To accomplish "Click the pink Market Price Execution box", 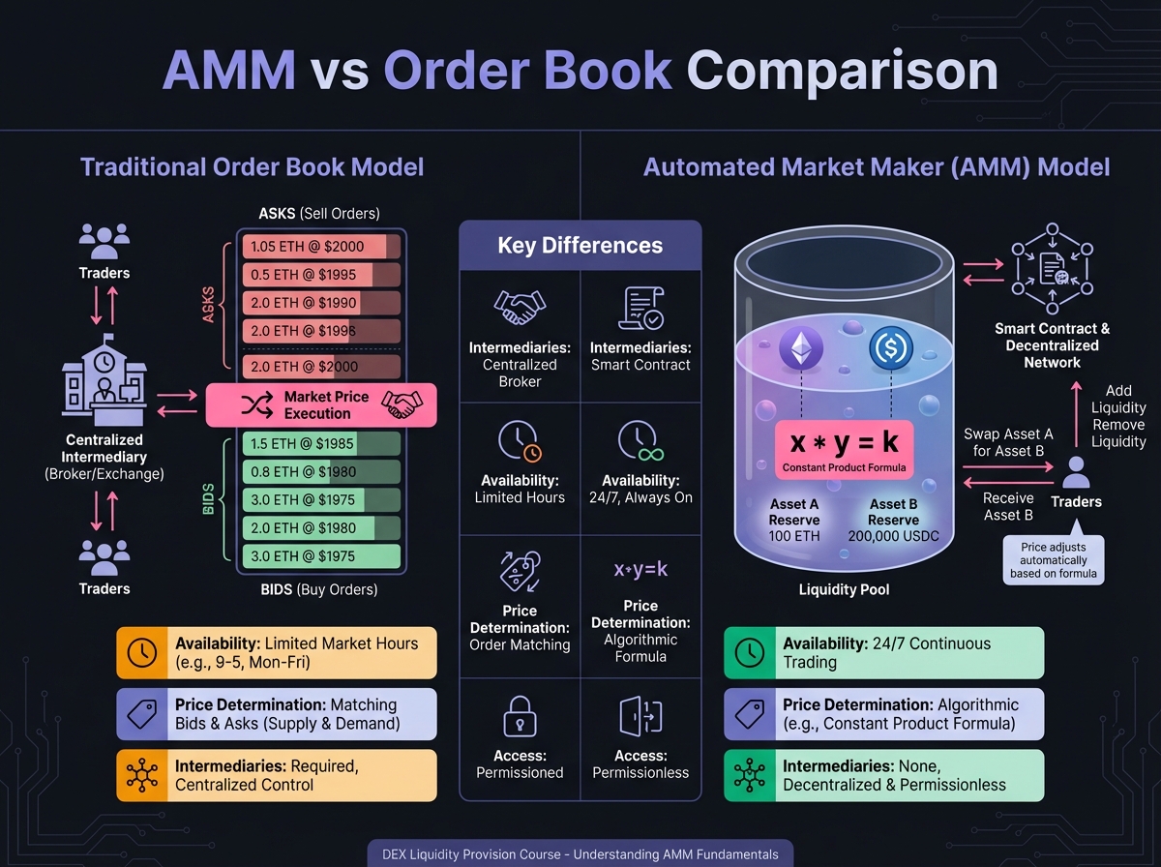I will point(321,405).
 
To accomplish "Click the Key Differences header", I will point(580,246).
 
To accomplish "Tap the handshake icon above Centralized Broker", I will point(520,309).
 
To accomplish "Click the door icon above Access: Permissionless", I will point(640,717).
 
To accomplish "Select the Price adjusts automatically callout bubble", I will point(1054,560).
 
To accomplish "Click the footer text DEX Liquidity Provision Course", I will point(580,854).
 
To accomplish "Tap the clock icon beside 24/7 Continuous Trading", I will point(750,652).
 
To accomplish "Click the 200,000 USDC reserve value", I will point(893,536).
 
